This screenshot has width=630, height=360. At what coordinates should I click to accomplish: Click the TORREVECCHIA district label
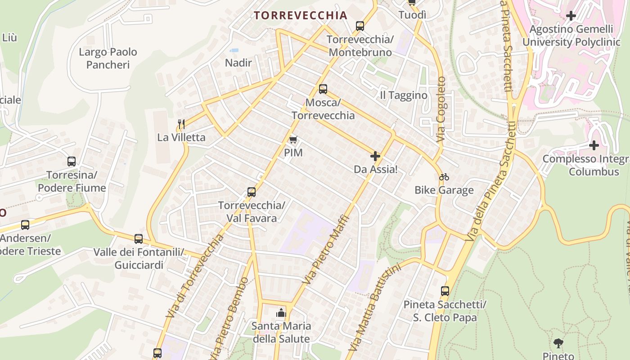[x=301, y=15]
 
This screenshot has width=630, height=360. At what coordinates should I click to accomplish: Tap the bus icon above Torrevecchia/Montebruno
[x=360, y=26]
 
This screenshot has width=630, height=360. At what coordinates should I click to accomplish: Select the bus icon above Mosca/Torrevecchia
[x=323, y=89]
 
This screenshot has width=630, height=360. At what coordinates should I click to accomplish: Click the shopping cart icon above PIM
[x=293, y=140]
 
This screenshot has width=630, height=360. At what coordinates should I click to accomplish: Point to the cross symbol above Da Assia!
[x=375, y=156]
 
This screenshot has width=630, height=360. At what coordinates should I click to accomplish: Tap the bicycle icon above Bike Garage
[x=444, y=177]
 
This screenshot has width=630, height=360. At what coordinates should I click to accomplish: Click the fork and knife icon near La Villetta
[x=181, y=124]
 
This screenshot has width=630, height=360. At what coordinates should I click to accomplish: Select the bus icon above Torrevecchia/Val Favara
[x=252, y=192]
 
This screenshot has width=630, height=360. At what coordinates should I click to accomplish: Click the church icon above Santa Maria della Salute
[x=281, y=312]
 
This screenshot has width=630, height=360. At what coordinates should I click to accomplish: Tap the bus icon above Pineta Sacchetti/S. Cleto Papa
[x=445, y=291]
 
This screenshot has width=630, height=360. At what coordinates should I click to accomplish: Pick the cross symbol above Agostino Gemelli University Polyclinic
[x=571, y=16]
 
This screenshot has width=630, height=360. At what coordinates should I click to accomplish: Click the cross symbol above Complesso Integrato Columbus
[x=594, y=145]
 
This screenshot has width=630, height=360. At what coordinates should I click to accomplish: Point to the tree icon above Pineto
[x=558, y=343]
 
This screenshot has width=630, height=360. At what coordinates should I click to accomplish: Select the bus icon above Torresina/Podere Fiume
[x=72, y=162]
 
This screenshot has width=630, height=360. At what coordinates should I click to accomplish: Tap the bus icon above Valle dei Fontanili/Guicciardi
[x=139, y=239]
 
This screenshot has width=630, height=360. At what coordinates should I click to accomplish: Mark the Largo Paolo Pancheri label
[x=108, y=58]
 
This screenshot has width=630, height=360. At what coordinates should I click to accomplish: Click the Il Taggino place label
[x=404, y=95]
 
